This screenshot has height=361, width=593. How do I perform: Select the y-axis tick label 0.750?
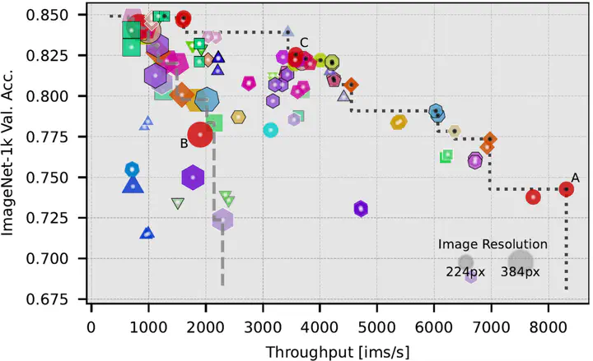pos(60,178)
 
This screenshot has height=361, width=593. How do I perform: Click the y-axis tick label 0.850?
pos(60,15)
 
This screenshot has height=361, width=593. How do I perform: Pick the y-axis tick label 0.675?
pos(60,299)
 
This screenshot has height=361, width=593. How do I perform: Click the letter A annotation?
pos(574,177)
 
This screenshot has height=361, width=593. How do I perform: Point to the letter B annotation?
pos(184,143)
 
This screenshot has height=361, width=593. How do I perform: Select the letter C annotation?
pos(303,42)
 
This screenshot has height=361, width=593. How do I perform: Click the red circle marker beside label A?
pos(566,189)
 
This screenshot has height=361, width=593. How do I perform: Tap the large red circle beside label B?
pos(200,135)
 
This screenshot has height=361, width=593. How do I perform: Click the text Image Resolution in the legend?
pos(493,244)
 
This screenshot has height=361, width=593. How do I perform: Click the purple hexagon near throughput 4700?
pos(360,209)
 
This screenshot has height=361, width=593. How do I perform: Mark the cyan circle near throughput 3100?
pos(270,130)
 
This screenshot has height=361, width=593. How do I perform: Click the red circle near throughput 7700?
pos(533,197)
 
